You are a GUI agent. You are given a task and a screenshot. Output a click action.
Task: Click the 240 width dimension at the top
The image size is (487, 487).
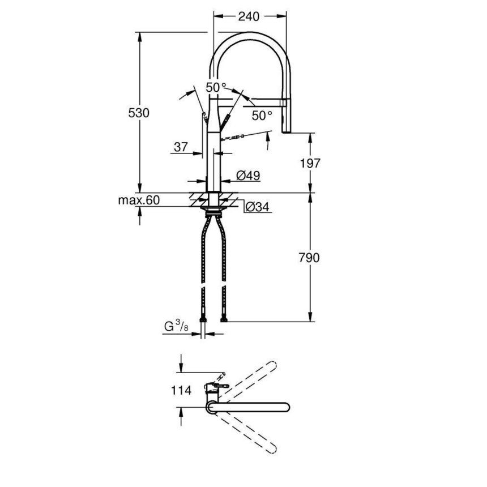(249, 16)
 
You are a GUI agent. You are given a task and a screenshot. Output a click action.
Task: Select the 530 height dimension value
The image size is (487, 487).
(139, 113)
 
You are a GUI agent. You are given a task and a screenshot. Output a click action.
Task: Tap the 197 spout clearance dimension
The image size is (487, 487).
(310, 163)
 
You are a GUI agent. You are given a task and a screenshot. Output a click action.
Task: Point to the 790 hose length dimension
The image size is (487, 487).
(310, 258)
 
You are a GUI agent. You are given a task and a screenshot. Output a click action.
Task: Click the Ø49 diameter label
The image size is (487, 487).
(248, 176)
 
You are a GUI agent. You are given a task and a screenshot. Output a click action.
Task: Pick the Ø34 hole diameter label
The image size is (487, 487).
(257, 207)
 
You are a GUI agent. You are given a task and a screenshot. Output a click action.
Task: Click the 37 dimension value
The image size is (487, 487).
(181, 147)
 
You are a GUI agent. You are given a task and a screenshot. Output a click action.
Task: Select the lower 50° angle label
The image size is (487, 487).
(262, 115)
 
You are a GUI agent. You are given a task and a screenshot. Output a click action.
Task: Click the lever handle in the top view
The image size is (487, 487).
(218, 386)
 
